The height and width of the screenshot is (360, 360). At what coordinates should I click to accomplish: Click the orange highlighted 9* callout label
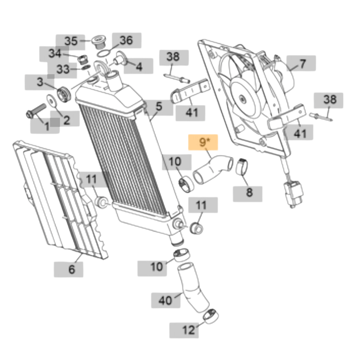[x=203, y=142]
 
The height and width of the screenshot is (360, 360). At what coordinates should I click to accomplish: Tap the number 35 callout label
[x=70, y=42]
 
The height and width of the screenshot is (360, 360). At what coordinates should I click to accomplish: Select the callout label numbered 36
[x=127, y=40]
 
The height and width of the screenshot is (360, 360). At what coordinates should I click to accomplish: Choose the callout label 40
[x=166, y=300]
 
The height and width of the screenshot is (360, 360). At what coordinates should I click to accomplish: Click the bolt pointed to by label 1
[x=36, y=111]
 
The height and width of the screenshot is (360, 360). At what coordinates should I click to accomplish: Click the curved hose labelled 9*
[x=213, y=169]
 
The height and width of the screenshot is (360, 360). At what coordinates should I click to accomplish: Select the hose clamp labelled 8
[x=242, y=166]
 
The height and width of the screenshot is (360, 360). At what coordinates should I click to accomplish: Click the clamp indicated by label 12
[x=211, y=316]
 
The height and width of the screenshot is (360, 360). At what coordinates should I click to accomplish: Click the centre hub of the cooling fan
[x=242, y=99]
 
